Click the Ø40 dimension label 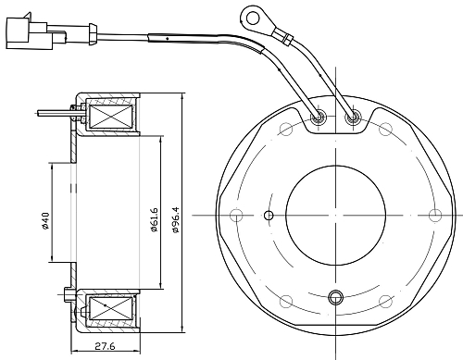coord(45,220)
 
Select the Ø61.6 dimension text coord(154,220)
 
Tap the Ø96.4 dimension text coord(176,220)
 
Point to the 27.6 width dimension coord(105,346)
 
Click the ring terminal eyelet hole coord(253,17)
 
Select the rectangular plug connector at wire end coord(30,33)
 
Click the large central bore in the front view coord(335,215)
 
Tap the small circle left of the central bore coord(269,216)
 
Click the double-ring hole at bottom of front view coord(336,297)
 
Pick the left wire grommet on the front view coord(318,118)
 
